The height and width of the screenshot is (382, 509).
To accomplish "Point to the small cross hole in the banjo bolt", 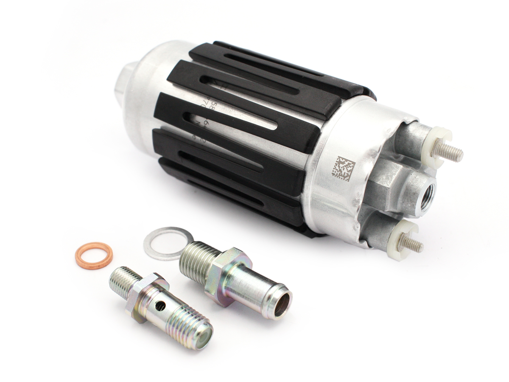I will tap(159, 305).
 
